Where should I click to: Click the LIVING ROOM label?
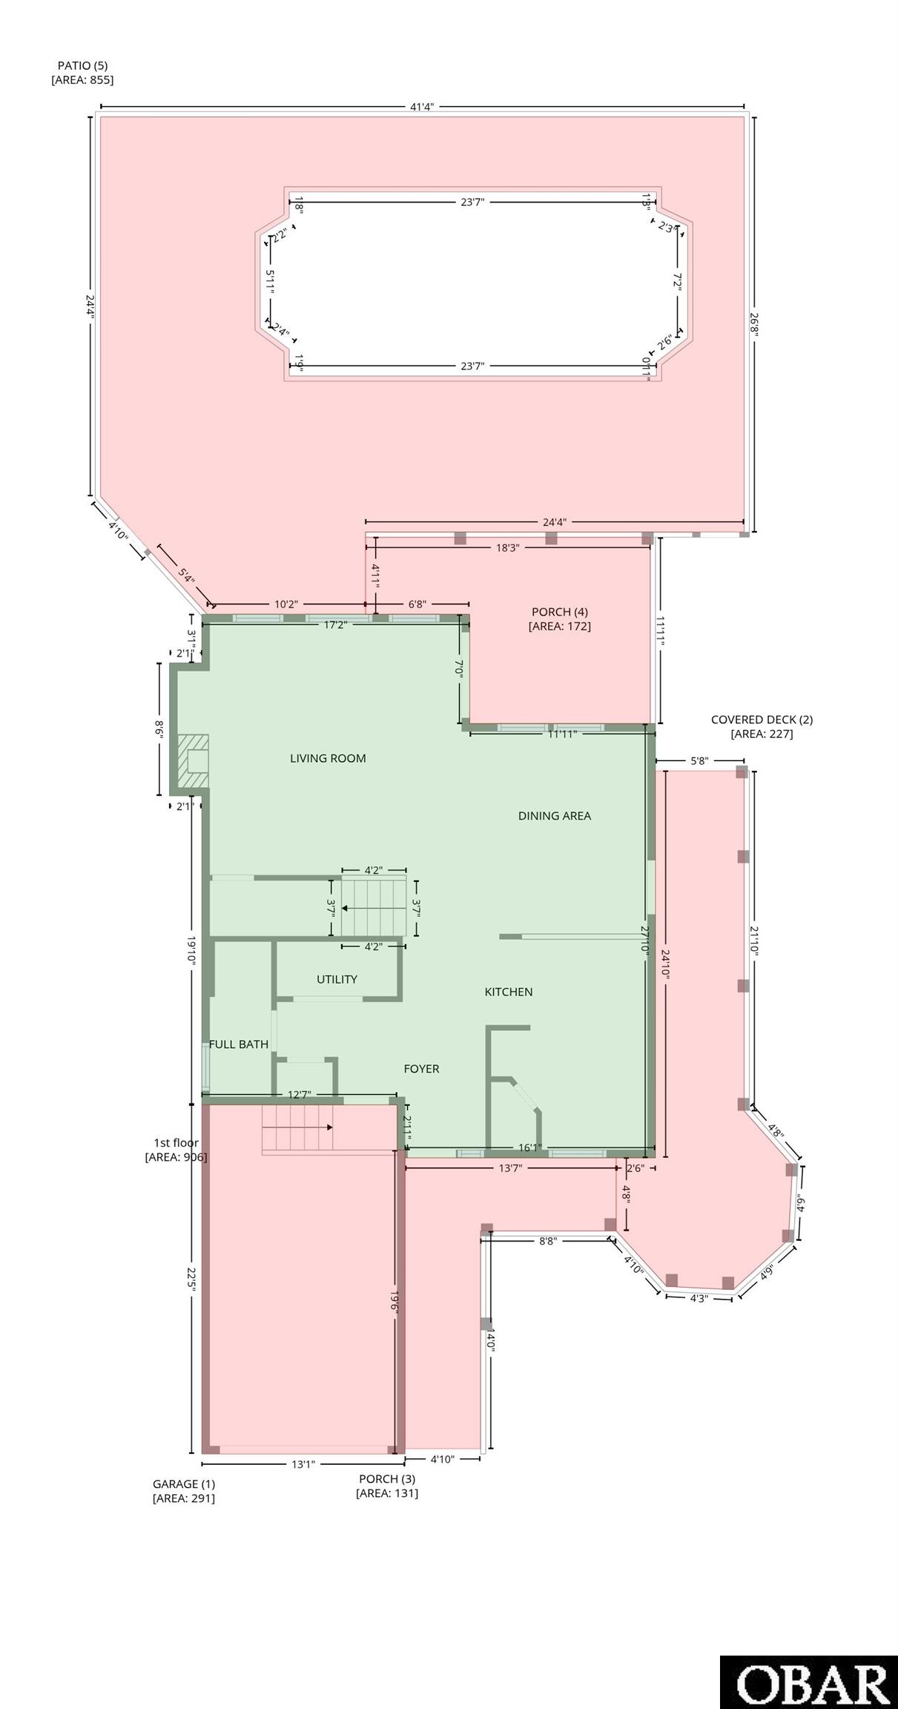[328, 758]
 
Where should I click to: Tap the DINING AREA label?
[555, 816]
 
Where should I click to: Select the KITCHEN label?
[509, 992]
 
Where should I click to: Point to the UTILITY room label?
[337, 979]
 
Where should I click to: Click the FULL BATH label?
[239, 1044]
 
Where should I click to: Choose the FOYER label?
[421, 1069]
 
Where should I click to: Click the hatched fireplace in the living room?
[192, 762]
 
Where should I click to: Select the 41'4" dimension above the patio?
[422, 107]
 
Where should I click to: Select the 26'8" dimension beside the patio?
[754, 324]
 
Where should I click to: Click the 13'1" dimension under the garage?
[303, 1464]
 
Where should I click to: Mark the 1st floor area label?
[176, 1150]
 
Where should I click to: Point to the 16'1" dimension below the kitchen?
[529, 1147]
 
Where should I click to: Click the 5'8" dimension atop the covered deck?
[699, 760]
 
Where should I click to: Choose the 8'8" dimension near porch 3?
[547, 1240]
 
